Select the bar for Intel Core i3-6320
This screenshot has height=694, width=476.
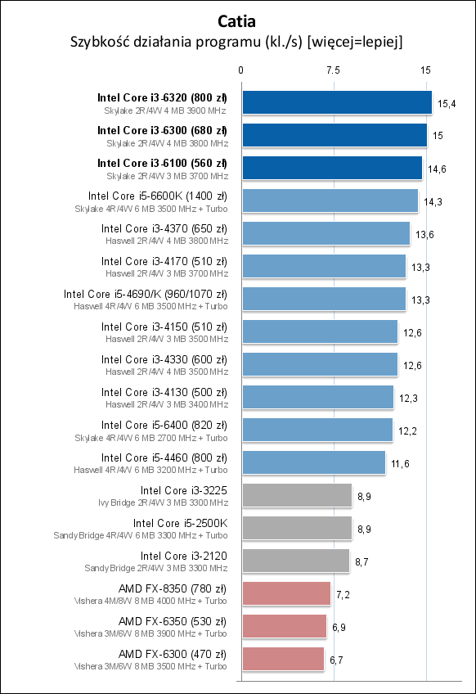tap(336, 102)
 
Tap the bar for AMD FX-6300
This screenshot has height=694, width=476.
tap(283, 659)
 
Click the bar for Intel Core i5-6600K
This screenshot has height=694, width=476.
tap(330, 201)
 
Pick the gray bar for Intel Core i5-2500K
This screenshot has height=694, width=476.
tap(297, 528)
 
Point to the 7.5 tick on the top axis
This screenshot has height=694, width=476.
tap(333, 70)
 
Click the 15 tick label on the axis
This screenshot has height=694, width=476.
tap(425, 70)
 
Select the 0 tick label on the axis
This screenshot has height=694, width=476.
tap(241, 70)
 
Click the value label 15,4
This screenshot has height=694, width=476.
tap(447, 103)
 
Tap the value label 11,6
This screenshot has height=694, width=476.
tap(400, 463)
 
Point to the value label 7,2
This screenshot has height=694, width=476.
tap(344, 594)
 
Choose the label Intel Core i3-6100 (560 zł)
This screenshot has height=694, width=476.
tap(162, 163)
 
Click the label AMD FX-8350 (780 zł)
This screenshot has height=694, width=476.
tap(173, 588)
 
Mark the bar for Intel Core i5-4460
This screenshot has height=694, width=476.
tap(313, 462)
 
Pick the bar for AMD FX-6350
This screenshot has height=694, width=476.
tap(284, 626)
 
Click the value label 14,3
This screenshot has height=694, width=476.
tap(433, 201)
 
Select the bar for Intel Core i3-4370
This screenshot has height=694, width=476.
tap(326, 233)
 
